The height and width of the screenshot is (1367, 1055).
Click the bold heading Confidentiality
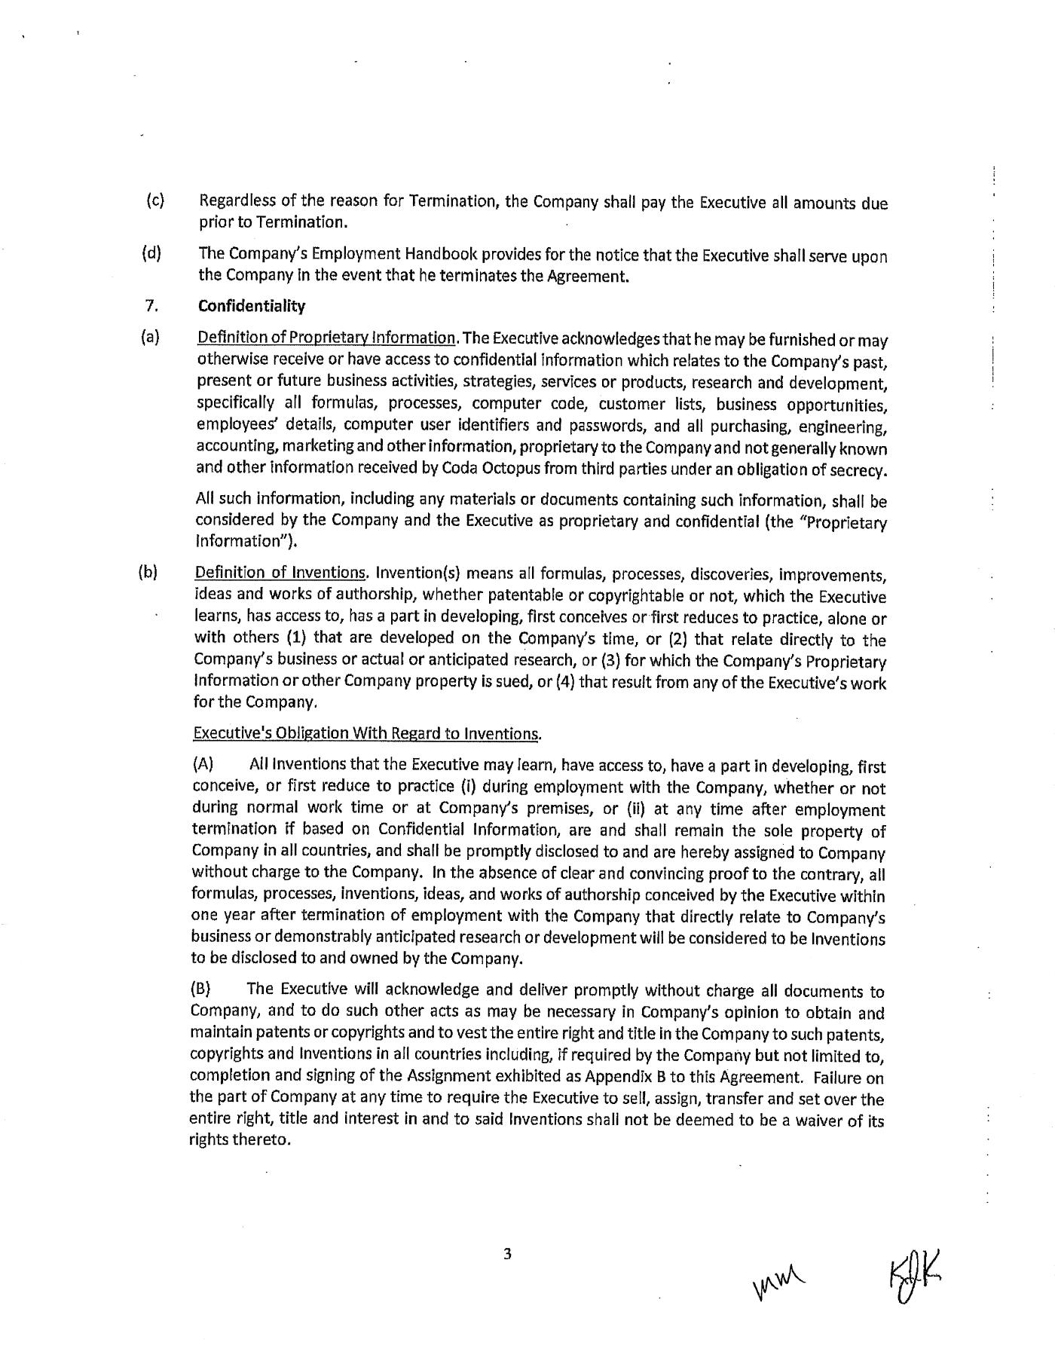pyautogui.click(x=252, y=306)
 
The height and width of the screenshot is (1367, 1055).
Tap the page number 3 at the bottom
pyautogui.click(x=507, y=1255)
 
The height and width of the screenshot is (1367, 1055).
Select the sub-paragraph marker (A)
pyautogui.click(x=203, y=766)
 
